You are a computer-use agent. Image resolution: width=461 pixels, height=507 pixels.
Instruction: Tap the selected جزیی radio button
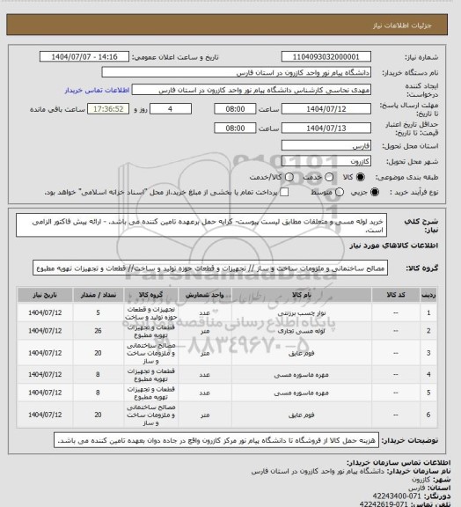point(350,191)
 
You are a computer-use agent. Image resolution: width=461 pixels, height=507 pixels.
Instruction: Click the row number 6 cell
point(428,413)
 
